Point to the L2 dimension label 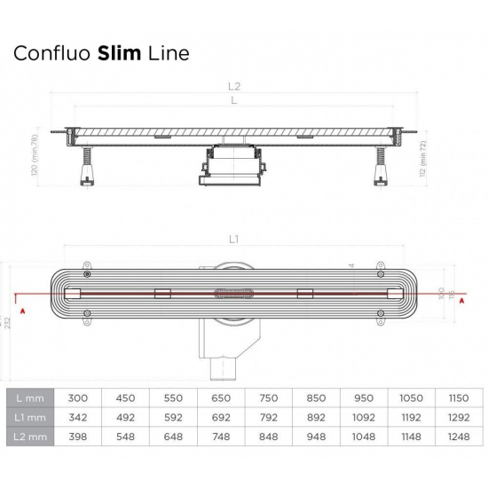[x=235, y=87]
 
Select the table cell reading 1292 [x=458, y=417]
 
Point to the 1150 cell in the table [x=458, y=398]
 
